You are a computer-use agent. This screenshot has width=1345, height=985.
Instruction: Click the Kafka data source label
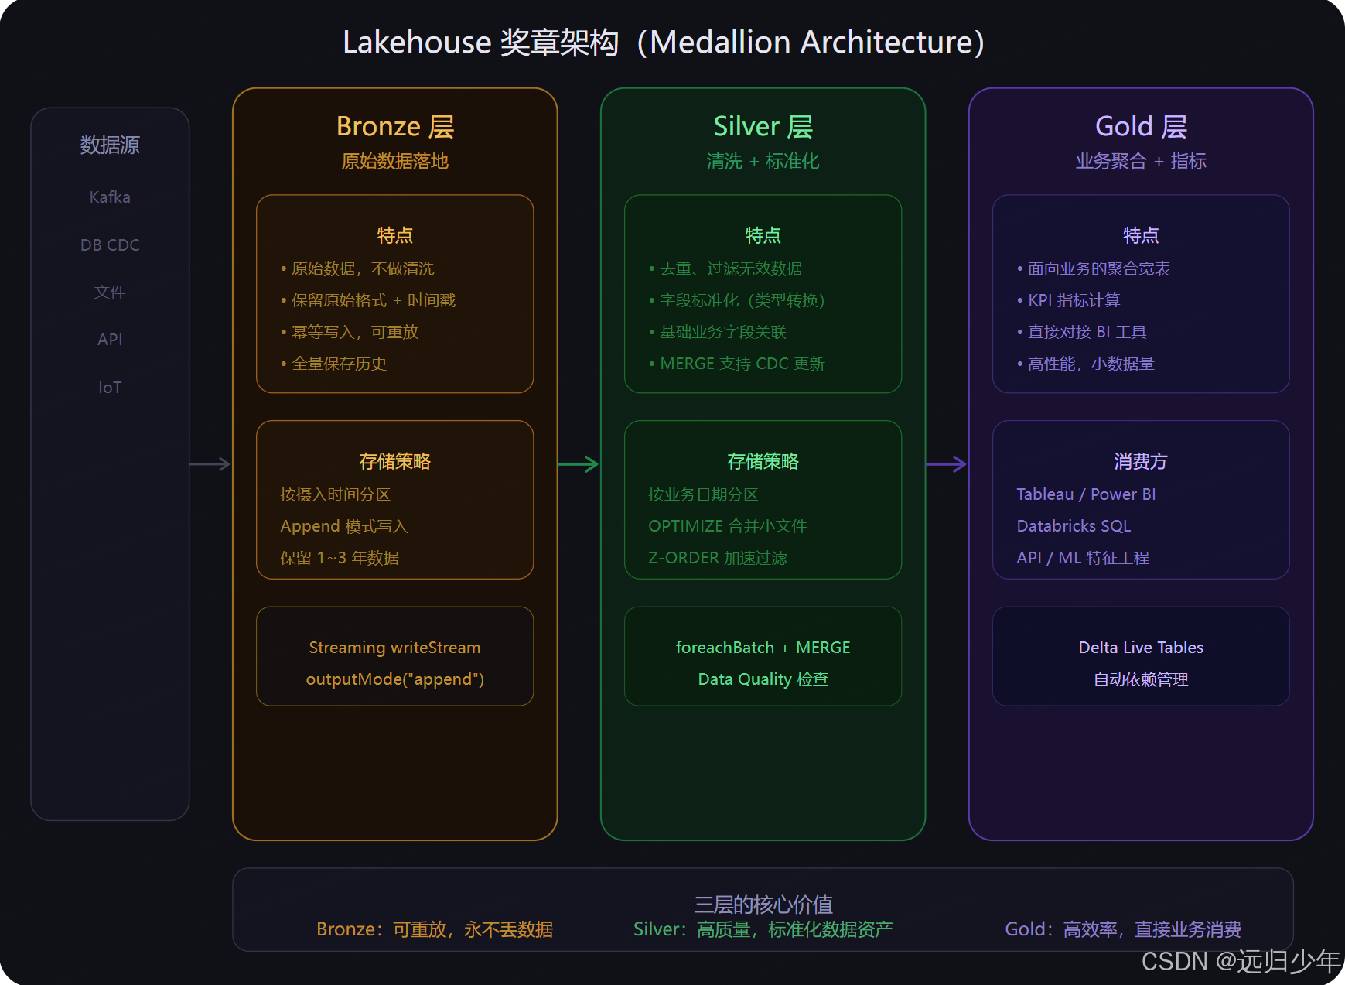coord(110,197)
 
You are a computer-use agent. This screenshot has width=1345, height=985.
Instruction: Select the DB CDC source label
coord(110,245)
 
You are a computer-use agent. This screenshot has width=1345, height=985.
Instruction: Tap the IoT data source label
coord(110,388)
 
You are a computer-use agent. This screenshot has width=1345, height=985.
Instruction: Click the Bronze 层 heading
coord(394,126)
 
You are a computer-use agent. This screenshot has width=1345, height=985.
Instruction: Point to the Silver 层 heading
coord(763,126)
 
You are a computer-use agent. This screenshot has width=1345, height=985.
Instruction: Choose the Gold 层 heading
coord(1141,126)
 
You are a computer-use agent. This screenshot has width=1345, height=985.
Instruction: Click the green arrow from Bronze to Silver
coord(578,464)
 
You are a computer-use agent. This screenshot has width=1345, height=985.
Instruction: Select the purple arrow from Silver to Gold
coord(946,464)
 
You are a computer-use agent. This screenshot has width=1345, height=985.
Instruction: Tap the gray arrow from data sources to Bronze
coord(210,464)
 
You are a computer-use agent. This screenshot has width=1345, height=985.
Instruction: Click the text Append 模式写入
coord(343,526)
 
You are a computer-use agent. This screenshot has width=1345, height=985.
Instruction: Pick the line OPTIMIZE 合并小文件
coord(727,526)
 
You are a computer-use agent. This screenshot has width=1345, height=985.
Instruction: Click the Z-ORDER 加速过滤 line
coord(717,558)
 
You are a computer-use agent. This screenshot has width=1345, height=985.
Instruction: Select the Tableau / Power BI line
coord(1086,494)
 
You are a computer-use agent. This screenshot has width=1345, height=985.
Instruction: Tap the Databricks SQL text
coord(1074,526)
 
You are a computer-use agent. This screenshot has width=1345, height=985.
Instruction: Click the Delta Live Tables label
coord(1141,648)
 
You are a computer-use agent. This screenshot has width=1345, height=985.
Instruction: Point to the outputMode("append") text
coord(394,679)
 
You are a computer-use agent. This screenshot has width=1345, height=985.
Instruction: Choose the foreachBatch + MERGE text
coord(763,648)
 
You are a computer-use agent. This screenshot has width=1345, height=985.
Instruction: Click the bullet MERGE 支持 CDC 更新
coord(742,364)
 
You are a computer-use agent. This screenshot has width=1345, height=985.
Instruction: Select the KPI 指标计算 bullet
coord(1074,300)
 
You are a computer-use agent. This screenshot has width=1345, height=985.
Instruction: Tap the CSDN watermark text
coord(1240,961)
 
